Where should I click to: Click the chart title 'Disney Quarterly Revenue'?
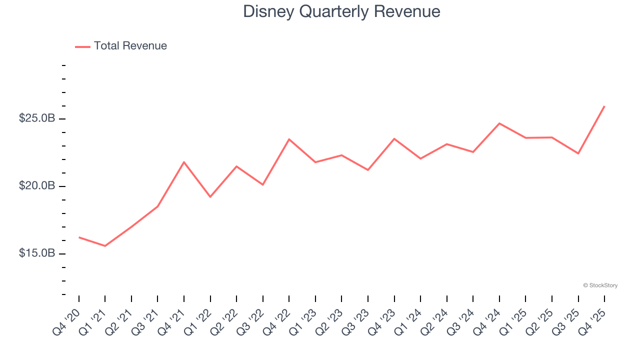341,11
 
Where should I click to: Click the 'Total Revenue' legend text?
130,46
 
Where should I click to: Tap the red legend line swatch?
82,46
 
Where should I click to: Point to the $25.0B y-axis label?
37,118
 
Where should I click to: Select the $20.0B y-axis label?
37,186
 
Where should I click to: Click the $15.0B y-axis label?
37,253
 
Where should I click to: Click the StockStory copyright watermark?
600,285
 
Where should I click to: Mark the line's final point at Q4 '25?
604,106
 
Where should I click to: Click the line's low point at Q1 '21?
105,246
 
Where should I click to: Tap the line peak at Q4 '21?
184,162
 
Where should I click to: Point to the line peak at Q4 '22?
289,139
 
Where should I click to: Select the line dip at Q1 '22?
210,197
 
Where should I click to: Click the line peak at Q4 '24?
499,123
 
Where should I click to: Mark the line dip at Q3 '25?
578,153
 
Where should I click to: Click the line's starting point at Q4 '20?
79,237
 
